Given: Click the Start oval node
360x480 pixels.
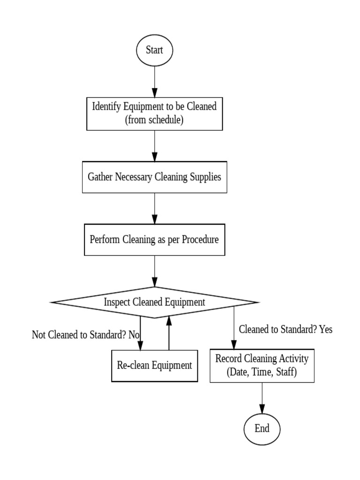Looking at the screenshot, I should (x=154, y=50).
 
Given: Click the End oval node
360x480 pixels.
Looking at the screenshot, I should (x=262, y=428).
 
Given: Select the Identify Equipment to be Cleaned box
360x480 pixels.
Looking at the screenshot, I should (x=154, y=113).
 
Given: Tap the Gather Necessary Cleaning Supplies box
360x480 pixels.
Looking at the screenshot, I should (x=154, y=177).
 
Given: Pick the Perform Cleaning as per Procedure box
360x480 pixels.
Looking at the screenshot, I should (x=154, y=240).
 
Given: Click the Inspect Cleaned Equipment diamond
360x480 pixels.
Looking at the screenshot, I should (x=154, y=302).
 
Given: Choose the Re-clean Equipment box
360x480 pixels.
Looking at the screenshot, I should (x=154, y=366).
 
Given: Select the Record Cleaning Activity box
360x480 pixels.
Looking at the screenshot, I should (x=262, y=366).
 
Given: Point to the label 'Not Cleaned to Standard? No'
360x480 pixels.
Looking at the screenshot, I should (x=86, y=335).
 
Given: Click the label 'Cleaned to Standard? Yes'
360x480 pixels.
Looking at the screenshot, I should (x=285, y=330).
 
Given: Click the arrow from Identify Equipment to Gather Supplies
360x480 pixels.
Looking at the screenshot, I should (x=154, y=145).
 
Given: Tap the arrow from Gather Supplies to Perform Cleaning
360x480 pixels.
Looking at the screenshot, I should (x=154, y=209).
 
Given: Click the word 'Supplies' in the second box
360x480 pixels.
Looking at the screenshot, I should (x=202, y=177).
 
